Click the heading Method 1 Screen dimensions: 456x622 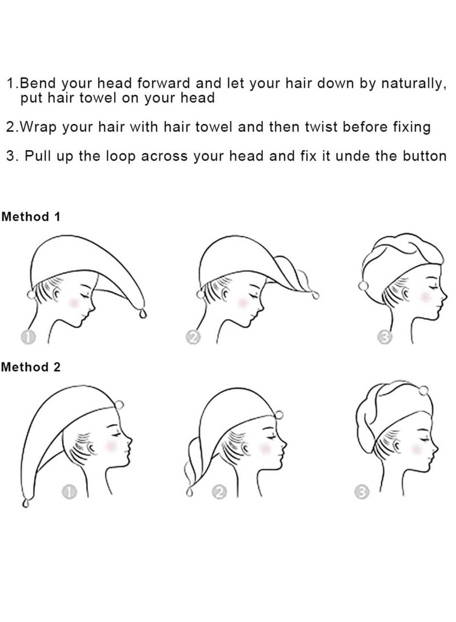[31, 217]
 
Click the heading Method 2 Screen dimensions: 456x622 [31, 367]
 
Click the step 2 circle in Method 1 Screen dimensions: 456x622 [193, 338]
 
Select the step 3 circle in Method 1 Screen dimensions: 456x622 [385, 338]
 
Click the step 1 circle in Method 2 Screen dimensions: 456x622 [68, 492]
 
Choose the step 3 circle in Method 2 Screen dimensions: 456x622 [361, 492]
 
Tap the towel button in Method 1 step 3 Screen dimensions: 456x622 [362, 286]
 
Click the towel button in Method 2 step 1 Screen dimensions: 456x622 [119, 405]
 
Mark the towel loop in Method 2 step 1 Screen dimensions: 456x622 [26, 503]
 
